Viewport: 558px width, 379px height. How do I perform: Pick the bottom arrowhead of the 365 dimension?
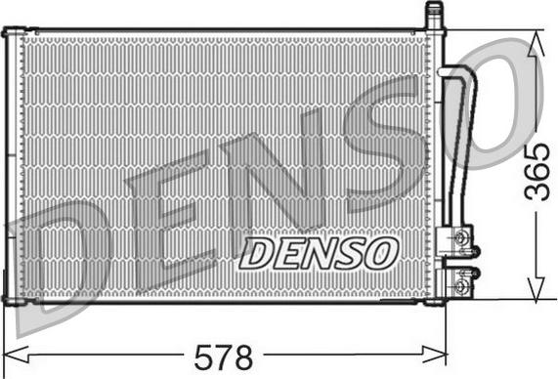coord(536,289)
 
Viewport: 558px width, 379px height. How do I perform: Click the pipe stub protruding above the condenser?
coord(434,16)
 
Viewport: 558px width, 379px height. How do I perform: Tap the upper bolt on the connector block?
coord(460,238)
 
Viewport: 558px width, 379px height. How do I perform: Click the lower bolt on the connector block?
coord(460,284)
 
